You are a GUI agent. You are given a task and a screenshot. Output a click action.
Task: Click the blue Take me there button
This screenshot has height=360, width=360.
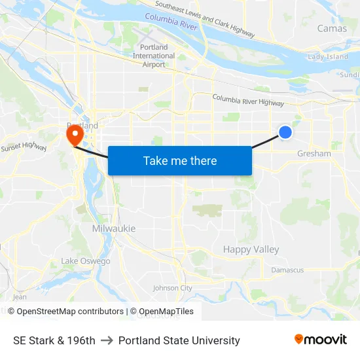point(179,160)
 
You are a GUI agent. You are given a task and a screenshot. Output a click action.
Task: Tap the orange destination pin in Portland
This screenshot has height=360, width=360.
point(75,135)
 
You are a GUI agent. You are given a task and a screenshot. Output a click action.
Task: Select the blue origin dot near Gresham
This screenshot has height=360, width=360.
point(285,132)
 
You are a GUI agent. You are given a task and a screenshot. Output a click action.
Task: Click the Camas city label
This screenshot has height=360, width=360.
point(332,28)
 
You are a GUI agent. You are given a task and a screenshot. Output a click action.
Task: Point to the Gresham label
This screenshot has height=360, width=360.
point(314,153)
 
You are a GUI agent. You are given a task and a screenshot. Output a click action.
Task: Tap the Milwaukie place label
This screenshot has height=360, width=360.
point(113,228)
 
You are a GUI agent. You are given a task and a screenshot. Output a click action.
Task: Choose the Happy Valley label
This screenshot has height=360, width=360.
point(251,249)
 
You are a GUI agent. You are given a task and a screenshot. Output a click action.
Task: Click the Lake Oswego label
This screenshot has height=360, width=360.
point(86,261)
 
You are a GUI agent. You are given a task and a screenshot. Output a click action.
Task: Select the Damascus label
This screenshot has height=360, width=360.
point(287,270)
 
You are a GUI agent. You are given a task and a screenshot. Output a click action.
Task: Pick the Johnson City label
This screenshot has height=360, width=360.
point(172,288)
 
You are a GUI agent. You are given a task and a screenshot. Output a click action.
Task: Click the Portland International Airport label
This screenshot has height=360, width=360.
point(154,56)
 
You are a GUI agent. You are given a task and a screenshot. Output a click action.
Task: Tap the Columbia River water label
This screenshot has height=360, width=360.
point(171,22)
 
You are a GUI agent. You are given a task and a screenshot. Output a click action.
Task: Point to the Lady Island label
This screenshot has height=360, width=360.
point(328,57)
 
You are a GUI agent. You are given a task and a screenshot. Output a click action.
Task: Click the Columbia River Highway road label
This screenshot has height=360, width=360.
point(248,100)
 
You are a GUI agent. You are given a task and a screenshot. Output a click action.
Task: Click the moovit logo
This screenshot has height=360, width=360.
point(321,340)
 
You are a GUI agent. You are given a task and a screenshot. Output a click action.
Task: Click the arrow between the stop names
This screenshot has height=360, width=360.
point(107,340)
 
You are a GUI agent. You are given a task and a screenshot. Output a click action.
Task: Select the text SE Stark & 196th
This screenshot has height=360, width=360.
point(54,340)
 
